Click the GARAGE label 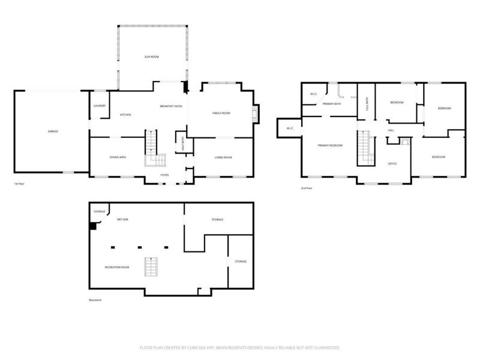53,131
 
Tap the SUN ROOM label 151,56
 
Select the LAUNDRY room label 100,106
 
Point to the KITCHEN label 125,115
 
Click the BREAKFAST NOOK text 171,106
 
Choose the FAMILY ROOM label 221,113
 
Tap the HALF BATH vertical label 183,145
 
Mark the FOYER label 164,175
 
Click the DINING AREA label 118,157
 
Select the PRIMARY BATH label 331,104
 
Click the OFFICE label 392,163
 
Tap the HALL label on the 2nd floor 391,130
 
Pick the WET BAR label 122,220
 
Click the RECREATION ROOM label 118,267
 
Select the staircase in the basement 151,266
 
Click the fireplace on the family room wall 256,114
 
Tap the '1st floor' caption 20,184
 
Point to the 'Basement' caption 95,300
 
